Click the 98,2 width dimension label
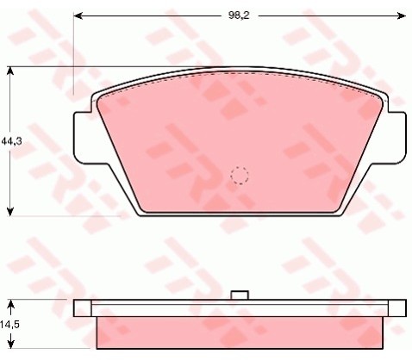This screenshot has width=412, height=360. (239, 16)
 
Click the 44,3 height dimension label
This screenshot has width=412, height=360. (11, 141)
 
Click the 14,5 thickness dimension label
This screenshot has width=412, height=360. (9, 325)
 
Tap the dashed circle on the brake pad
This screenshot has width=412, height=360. (240, 175)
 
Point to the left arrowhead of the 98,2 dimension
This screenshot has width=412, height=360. (78, 16)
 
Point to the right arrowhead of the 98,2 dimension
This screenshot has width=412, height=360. (402, 16)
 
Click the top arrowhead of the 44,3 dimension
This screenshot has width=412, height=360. (10, 71)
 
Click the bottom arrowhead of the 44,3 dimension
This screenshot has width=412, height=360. (10, 211)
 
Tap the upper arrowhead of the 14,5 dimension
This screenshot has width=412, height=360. (10, 304)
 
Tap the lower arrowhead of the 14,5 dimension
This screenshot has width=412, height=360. (10, 344)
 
